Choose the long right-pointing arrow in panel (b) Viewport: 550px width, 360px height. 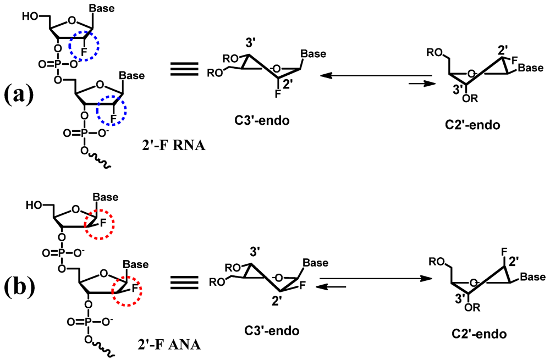(x=375, y=278)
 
